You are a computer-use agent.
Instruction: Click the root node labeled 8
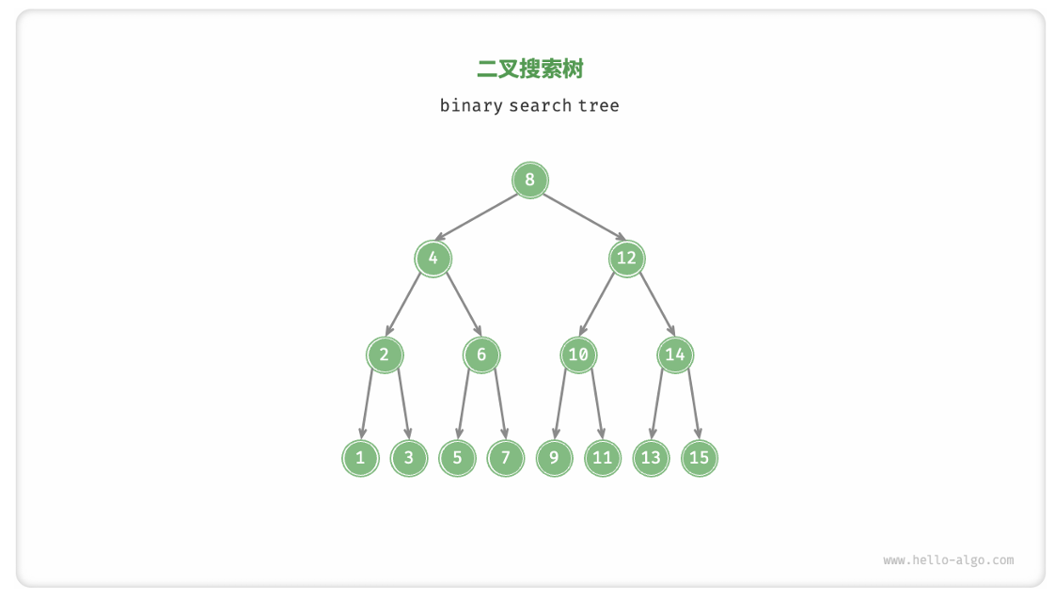(x=529, y=180)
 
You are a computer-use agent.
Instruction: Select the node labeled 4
(x=433, y=258)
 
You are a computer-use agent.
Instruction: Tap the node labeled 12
(x=626, y=258)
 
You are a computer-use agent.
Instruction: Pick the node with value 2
(x=385, y=354)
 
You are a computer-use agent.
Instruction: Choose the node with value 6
(x=481, y=354)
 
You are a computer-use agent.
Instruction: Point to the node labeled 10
(x=578, y=354)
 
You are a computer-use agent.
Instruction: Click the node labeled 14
(x=675, y=354)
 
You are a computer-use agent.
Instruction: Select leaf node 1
(x=360, y=458)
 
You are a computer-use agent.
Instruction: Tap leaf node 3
(x=409, y=458)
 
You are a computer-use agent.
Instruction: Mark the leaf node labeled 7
(x=506, y=458)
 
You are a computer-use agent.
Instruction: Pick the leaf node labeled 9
(x=554, y=458)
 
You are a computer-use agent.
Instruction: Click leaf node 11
(x=603, y=458)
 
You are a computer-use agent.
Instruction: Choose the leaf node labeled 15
(x=700, y=458)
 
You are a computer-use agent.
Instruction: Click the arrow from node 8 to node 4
(x=480, y=218)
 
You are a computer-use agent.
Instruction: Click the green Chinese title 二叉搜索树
(x=529, y=69)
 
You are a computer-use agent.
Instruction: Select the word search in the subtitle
(x=540, y=105)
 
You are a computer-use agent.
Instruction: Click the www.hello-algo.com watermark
(x=948, y=560)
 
